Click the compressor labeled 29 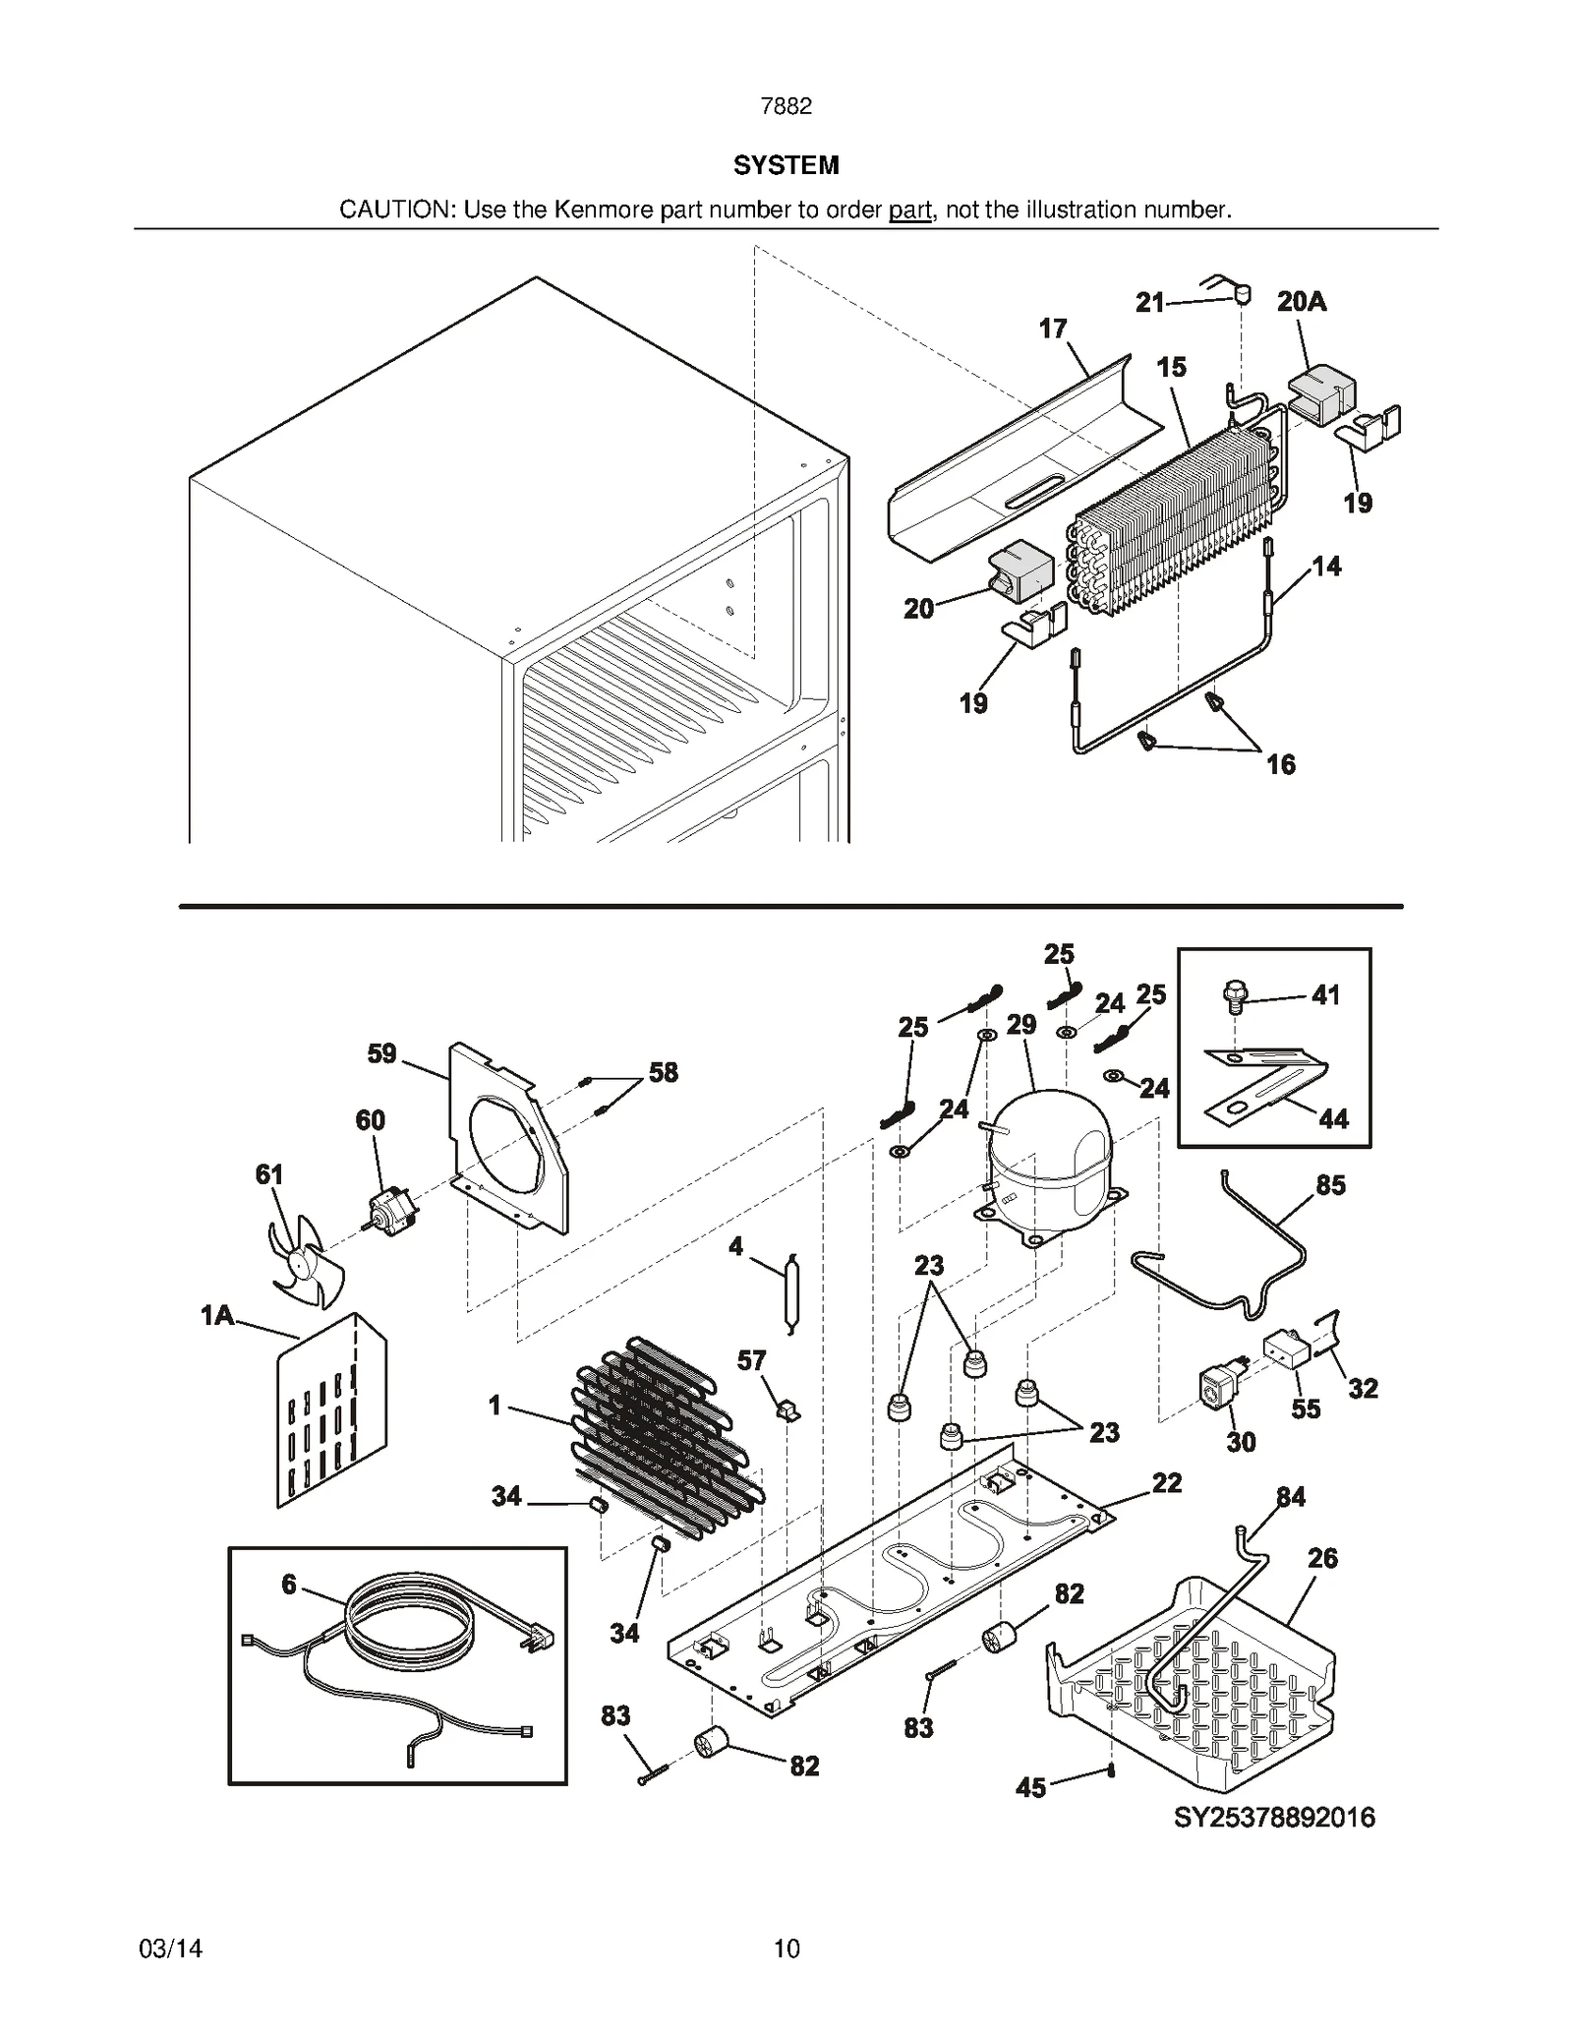tap(1047, 1161)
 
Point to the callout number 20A tap(1301, 302)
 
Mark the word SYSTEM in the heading tap(786, 165)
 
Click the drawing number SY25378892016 tap(1274, 1817)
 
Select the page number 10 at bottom tap(786, 1947)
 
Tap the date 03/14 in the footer tap(171, 1947)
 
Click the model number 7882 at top tap(786, 106)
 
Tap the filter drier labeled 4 tap(790, 1298)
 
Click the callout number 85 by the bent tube tap(1329, 1185)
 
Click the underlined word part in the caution tap(909, 210)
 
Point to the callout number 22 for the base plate tap(1166, 1483)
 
